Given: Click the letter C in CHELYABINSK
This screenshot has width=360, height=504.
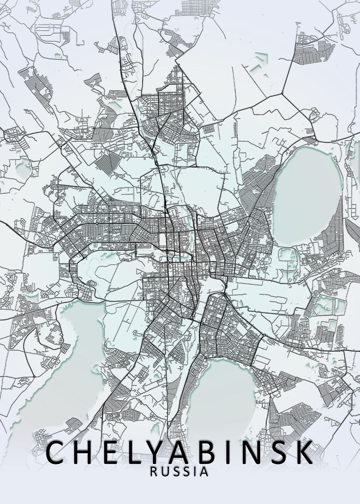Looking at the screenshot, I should tap(57, 452).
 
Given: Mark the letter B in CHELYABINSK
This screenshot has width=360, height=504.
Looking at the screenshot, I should tap(211, 452).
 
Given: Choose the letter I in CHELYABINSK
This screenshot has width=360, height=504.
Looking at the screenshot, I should tap(231, 452).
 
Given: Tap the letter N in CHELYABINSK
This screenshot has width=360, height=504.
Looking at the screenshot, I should tap(252, 452).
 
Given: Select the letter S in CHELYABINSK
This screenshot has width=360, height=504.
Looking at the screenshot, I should tap(279, 452).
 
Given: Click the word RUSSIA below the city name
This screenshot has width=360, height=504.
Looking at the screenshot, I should tap(179, 472).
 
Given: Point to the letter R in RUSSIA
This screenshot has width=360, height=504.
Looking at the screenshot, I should tap(154, 472).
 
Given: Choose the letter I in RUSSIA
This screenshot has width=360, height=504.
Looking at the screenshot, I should tap(195, 472).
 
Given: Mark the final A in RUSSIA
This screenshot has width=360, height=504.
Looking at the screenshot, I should tap(204, 472).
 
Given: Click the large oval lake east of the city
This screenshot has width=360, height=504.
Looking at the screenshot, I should tap(308, 195).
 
